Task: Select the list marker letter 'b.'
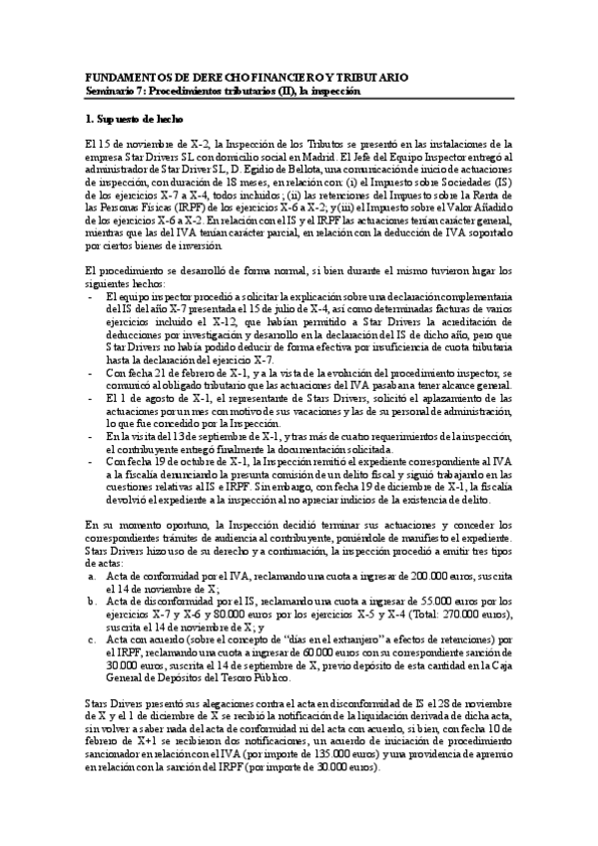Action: [93, 601]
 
